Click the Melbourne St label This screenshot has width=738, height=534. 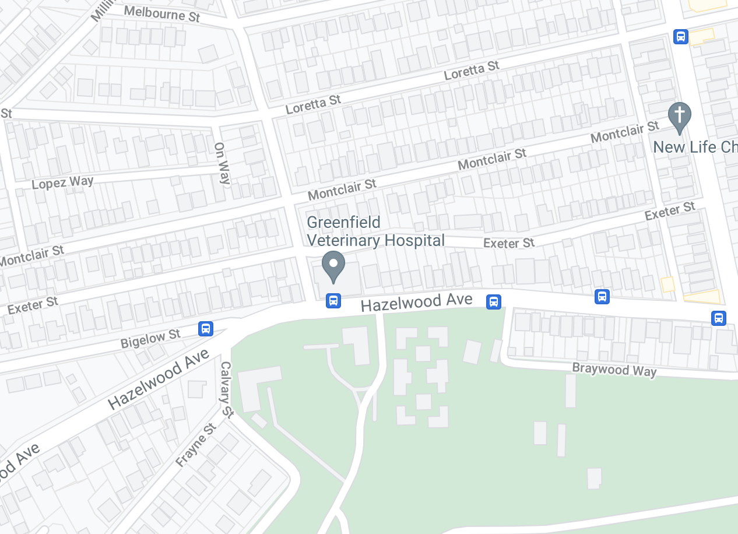(162, 13)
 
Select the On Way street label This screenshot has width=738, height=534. (223, 163)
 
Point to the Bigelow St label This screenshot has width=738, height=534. (150, 338)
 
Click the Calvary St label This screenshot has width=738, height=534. (227, 389)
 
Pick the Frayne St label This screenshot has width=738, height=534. (196, 445)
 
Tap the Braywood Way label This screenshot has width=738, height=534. (614, 370)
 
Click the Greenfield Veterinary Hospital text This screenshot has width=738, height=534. (375, 231)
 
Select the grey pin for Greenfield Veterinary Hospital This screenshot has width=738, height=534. (333, 266)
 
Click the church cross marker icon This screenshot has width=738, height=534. (679, 117)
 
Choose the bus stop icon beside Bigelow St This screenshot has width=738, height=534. (205, 328)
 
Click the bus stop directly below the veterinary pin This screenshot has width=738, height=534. (333, 301)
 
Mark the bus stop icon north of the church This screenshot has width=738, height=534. (680, 37)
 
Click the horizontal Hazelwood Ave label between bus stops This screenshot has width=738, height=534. (416, 302)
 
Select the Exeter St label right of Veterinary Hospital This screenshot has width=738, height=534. (509, 243)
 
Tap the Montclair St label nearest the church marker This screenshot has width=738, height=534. (624, 132)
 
